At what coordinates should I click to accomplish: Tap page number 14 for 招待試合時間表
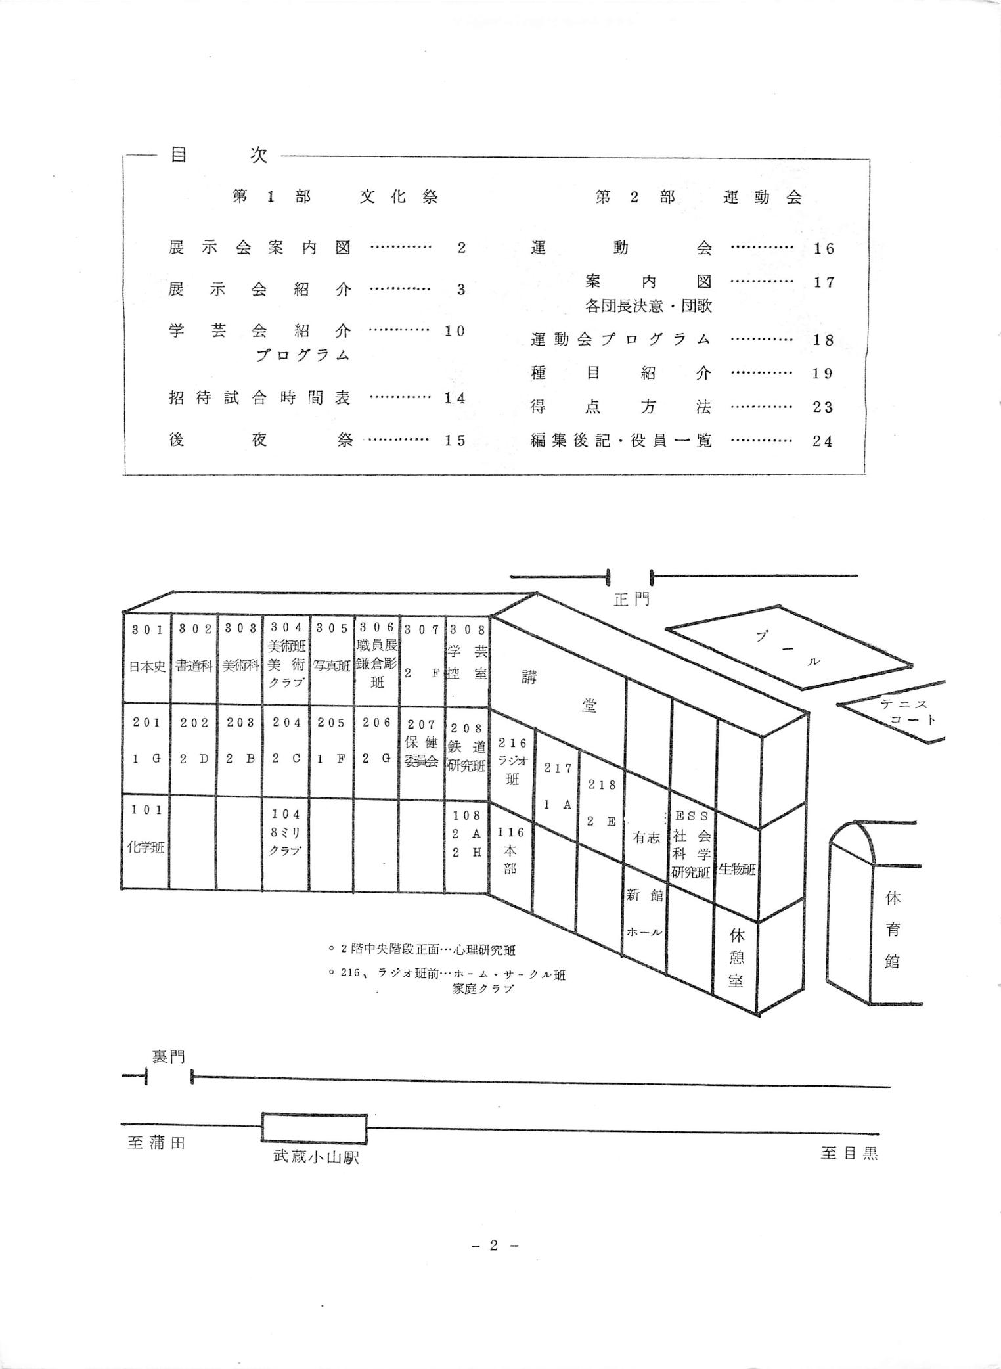(455, 398)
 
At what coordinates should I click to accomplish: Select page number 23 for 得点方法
(822, 407)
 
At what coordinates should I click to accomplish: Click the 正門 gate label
(631, 599)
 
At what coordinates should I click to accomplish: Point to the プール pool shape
(788, 647)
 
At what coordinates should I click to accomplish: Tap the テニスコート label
(905, 711)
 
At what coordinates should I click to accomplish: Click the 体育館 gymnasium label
(892, 930)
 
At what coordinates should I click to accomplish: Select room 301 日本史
(147, 657)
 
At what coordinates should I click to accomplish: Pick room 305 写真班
(332, 657)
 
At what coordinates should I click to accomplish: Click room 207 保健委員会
(422, 749)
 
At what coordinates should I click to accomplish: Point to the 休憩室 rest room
(736, 958)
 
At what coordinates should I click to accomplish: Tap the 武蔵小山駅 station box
(314, 1128)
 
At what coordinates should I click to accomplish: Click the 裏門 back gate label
(168, 1057)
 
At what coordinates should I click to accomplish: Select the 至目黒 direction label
(849, 1154)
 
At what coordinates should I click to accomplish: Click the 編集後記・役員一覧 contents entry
(621, 441)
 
